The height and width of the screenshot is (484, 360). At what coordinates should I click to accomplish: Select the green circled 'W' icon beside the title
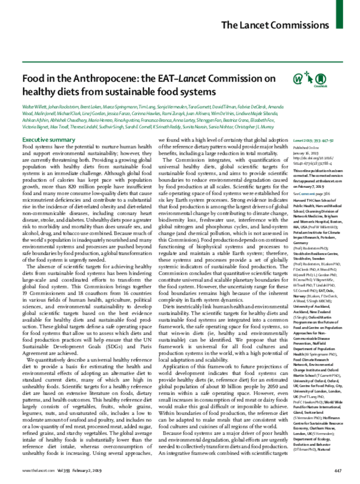pos(313,80)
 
